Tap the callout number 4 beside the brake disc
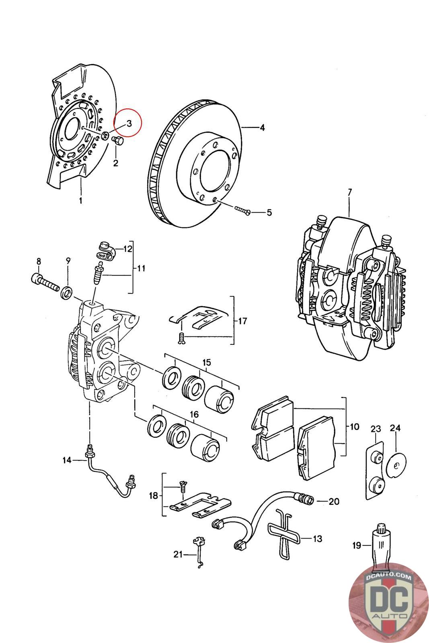click(x=262, y=128)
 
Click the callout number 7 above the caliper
click(x=349, y=192)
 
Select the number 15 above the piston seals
click(x=207, y=362)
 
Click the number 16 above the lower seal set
click(x=194, y=414)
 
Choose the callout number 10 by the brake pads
click(x=354, y=426)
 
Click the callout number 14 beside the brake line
click(x=67, y=460)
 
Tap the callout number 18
click(x=154, y=496)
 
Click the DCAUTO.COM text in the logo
click(x=388, y=577)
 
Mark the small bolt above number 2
click(x=118, y=141)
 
